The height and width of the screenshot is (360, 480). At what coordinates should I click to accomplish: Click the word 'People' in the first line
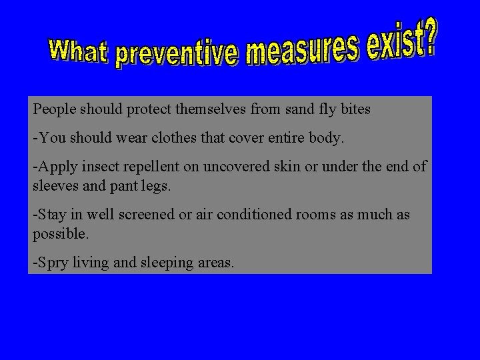click(54, 109)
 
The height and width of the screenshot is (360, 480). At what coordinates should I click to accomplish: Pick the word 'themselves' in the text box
click(211, 109)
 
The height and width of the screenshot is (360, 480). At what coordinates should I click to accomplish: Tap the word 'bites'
click(355, 109)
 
